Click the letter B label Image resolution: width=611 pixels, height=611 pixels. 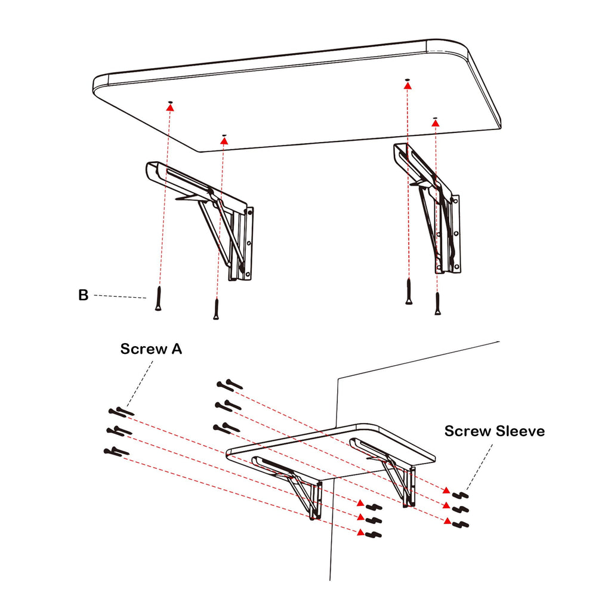(83, 295)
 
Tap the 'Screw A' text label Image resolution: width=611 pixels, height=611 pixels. (151, 349)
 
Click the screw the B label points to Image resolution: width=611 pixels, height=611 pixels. (158, 298)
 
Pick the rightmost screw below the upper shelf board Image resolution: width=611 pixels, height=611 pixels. (437, 304)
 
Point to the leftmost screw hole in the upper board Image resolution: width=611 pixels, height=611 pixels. (170, 103)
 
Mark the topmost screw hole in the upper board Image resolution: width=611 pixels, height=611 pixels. (407, 79)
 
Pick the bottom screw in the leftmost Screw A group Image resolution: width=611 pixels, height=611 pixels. (116, 451)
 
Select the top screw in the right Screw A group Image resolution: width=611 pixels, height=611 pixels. (230, 385)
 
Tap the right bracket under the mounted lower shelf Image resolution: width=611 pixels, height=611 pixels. (394, 468)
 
